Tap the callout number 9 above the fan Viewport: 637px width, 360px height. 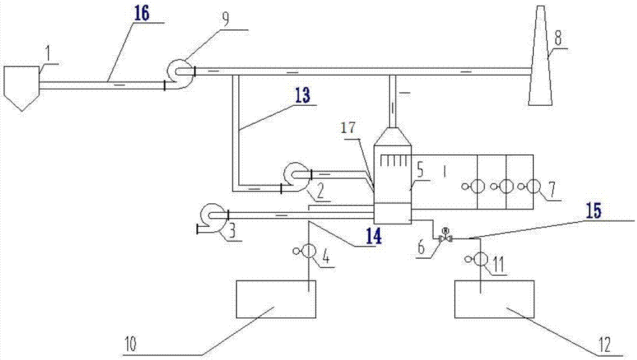tap(225, 18)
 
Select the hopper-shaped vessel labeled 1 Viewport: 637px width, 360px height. tap(22, 88)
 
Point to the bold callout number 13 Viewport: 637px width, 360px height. tap(302, 95)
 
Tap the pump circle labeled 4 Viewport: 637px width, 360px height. tap(308, 251)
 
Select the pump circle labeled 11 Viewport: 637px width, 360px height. tap(480, 259)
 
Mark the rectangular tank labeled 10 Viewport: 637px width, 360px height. tap(276, 299)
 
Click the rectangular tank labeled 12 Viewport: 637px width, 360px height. tap(494, 299)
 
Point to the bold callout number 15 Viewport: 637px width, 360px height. tap(593, 210)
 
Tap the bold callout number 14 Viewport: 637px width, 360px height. tap(373, 236)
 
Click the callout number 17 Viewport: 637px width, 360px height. tap(348, 128)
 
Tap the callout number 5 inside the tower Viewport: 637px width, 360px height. tap(420, 171)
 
